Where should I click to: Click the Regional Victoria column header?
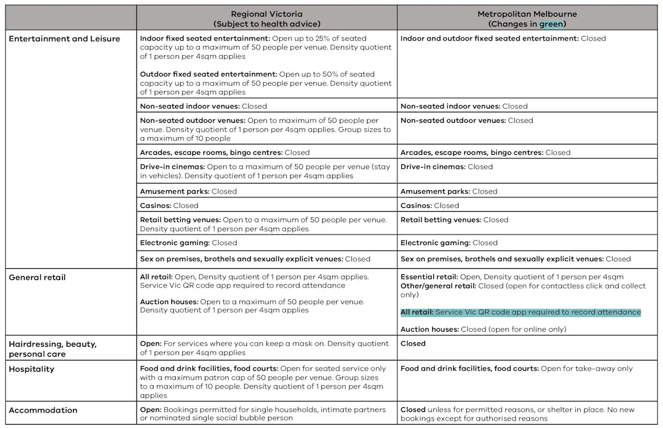coord(267,19)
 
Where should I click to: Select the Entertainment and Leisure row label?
coord(64,39)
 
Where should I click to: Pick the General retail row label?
coord(37,277)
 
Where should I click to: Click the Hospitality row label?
coord(31,369)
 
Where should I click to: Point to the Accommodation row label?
coord(43,410)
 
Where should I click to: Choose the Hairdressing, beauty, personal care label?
coord(52,349)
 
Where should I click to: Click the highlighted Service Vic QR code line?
coord(520,312)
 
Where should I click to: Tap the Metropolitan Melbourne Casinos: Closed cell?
coord(430,206)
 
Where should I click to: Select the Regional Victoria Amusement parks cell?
coord(188,191)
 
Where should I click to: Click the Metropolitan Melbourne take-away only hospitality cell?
coord(517,369)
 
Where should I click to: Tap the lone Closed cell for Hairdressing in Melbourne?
coord(413,343)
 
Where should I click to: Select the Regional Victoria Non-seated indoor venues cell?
coord(203,106)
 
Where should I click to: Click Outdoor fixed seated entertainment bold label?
coord(208,74)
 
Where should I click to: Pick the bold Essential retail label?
coord(429,277)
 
